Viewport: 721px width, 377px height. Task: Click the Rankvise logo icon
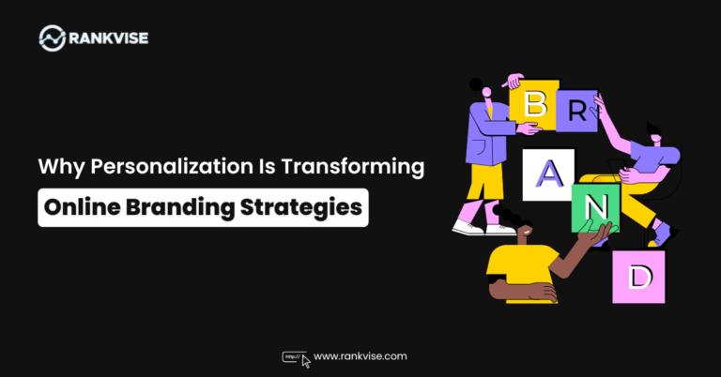(x=53, y=38)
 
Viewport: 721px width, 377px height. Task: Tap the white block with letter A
(x=547, y=174)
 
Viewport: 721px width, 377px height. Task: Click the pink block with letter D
(x=638, y=276)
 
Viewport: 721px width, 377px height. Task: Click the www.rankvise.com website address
(x=360, y=356)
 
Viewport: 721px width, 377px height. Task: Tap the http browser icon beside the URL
(x=295, y=357)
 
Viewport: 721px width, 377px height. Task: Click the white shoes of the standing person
(x=469, y=226)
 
